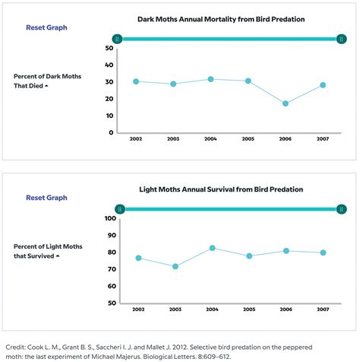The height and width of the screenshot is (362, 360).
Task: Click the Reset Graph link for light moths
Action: [x=46, y=198]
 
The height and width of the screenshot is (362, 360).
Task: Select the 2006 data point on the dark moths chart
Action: [x=286, y=103]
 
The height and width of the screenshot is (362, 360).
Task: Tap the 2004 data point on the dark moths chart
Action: [x=210, y=79]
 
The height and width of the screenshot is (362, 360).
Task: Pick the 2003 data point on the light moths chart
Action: [x=175, y=266]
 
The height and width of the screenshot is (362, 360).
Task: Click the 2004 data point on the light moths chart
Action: [x=212, y=248]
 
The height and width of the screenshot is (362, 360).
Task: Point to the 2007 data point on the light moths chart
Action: [x=324, y=252]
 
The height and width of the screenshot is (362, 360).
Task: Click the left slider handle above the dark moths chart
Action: [x=117, y=38]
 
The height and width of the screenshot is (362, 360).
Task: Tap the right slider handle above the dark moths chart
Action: [x=343, y=38]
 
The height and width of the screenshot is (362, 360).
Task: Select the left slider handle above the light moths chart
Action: [x=120, y=208]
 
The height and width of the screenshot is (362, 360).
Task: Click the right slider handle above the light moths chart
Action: [x=343, y=208]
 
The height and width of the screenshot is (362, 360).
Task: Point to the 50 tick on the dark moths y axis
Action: [x=109, y=48]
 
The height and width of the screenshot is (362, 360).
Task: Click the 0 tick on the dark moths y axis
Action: [x=111, y=132]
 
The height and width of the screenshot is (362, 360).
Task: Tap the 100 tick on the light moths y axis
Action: [x=109, y=218]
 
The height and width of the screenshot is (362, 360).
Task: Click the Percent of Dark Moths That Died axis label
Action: [x=43, y=81]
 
